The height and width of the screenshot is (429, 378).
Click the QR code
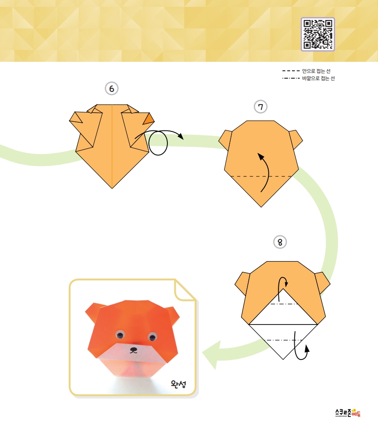pos(318,34)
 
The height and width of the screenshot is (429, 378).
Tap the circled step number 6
pos(111,89)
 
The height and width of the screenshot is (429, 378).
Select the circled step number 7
pos(261,107)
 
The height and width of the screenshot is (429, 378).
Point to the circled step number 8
pos(280,242)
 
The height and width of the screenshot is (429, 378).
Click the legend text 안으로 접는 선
pos(317,71)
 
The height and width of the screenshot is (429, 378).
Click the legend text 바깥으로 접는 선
pos(318,79)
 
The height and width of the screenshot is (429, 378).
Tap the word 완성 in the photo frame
pos(178,384)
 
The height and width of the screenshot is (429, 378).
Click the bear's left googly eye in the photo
pos(120,334)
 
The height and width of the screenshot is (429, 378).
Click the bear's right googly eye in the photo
pos(152,337)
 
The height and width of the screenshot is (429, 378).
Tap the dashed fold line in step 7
pos(261,176)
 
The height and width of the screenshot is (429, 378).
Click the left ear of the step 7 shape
pos(226,140)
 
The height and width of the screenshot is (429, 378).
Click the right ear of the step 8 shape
pos(323,283)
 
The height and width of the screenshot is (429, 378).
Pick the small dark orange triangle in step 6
pos(149,119)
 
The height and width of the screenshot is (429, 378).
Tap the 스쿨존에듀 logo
pos(348,413)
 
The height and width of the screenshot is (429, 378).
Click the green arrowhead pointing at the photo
pos(212,354)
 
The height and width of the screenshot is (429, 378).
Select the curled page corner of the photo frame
pos(184,290)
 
